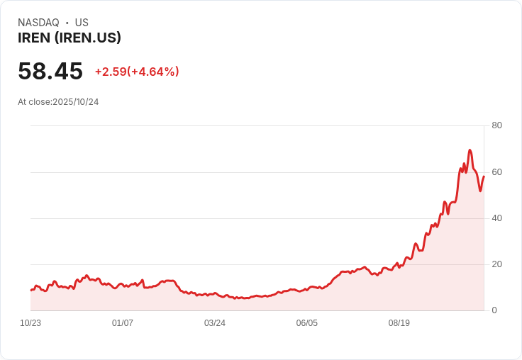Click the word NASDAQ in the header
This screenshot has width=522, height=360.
[x=38, y=23]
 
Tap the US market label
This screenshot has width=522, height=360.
[x=82, y=23]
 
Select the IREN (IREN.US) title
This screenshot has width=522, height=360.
[x=70, y=38]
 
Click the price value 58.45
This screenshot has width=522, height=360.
[x=50, y=71]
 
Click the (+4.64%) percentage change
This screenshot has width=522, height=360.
[x=153, y=72]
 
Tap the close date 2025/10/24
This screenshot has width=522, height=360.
[x=76, y=102]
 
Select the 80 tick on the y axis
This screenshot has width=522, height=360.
[x=496, y=125]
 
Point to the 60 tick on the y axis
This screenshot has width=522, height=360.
[x=496, y=171]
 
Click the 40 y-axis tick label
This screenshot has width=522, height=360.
[x=496, y=218]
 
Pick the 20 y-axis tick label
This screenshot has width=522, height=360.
[x=496, y=264]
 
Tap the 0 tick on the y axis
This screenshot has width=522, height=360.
[x=494, y=310]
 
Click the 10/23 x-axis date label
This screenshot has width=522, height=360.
[x=30, y=323]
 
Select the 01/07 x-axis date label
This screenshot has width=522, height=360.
[x=123, y=323]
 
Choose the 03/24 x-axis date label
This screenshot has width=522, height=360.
[x=215, y=323]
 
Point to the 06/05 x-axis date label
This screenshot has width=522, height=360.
[x=307, y=323]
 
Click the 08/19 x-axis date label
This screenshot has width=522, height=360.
[x=399, y=323]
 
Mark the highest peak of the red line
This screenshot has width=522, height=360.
[x=470, y=150]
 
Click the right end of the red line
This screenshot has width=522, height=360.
[x=484, y=176]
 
